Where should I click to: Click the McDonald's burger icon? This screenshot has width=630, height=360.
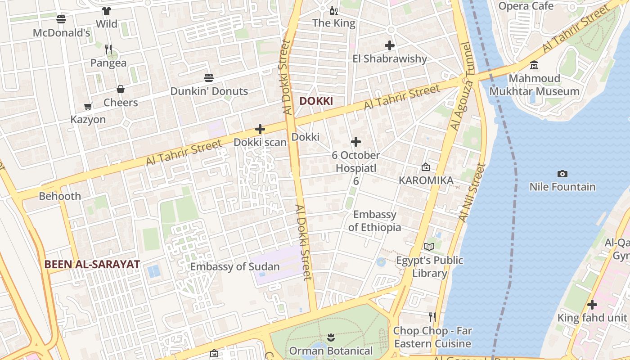pyautogui.click(x=61, y=19)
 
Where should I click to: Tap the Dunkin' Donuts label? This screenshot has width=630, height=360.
pyautogui.click(x=209, y=91)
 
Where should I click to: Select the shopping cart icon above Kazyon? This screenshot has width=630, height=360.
pyautogui.click(x=88, y=107)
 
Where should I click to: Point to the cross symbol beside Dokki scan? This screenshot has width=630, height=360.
pyautogui.click(x=260, y=130)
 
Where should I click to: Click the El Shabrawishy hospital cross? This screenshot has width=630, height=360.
pyautogui.click(x=390, y=45)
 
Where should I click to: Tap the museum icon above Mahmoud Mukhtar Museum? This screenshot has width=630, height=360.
pyautogui.click(x=534, y=66)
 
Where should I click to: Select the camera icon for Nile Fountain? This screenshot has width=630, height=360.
pyautogui.click(x=562, y=174)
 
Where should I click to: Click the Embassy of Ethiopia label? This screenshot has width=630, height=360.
pyautogui.click(x=374, y=220)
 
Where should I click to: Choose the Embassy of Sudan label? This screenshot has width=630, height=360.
pyautogui.click(x=235, y=266)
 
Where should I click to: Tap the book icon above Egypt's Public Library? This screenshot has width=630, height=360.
pyautogui.click(x=429, y=247)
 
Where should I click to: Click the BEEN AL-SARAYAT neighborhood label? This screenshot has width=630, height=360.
pyautogui.click(x=92, y=264)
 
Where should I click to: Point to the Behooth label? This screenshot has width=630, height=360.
pyautogui.click(x=60, y=196)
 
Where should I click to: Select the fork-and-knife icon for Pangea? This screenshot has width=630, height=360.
pyautogui.click(x=108, y=49)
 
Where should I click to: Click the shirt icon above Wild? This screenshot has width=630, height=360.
pyautogui.click(x=107, y=11)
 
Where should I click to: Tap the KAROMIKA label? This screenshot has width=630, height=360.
pyautogui.click(x=426, y=180)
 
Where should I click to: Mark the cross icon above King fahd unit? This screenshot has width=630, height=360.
pyautogui.click(x=592, y=305)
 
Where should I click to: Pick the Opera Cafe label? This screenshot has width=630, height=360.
pyautogui.click(x=526, y=6)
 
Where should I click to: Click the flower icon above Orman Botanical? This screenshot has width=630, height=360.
pyautogui.click(x=331, y=337)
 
